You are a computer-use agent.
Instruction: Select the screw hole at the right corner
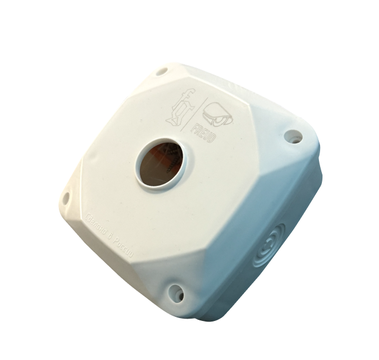(x=292, y=135)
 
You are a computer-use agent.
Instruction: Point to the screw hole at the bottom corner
(x=176, y=292)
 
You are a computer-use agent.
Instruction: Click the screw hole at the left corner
(x=66, y=198)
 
